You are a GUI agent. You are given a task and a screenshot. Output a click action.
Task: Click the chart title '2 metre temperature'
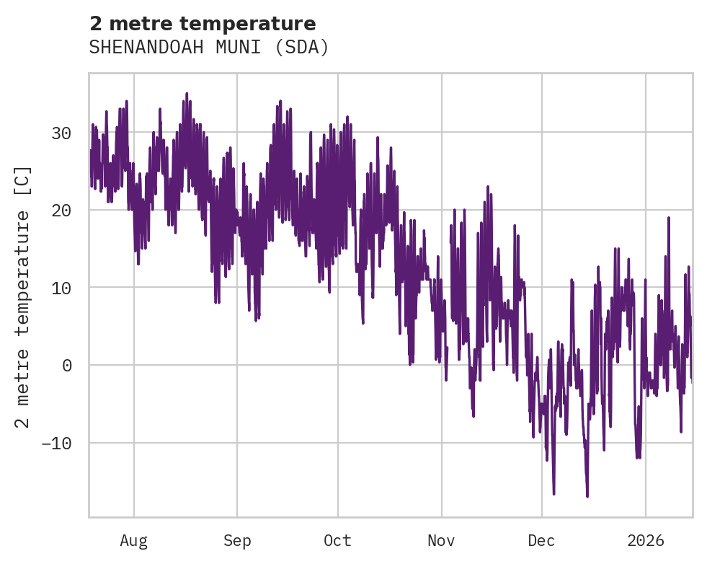tap(203, 24)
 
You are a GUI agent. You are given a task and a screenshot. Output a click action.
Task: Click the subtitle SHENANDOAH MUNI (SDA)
tap(209, 48)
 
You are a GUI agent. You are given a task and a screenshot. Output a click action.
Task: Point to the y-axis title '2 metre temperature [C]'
tap(23, 297)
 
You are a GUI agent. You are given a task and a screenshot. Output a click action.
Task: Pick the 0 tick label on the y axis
tap(66, 365)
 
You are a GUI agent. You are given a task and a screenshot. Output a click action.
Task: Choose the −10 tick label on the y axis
tap(55, 443)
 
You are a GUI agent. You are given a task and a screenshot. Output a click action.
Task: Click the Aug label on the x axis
tap(134, 540)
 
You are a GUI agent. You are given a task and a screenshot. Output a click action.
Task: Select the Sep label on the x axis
tap(236, 540)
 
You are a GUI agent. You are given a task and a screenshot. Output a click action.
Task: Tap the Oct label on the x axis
tap(337, 540)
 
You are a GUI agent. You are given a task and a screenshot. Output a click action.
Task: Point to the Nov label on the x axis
tap(441, 540)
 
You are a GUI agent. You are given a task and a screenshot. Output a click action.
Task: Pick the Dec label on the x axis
tap(541, 540)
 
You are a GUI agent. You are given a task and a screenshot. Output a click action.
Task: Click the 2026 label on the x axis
tap(645, 540)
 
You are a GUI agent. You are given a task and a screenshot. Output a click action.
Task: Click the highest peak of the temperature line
tap(186, 93)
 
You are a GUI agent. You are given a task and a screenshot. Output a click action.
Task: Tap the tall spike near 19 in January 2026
tap(669, 217)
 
